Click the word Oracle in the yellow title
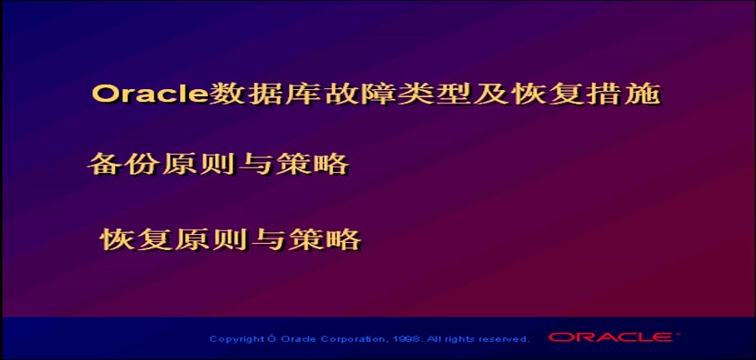click(150, 94)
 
